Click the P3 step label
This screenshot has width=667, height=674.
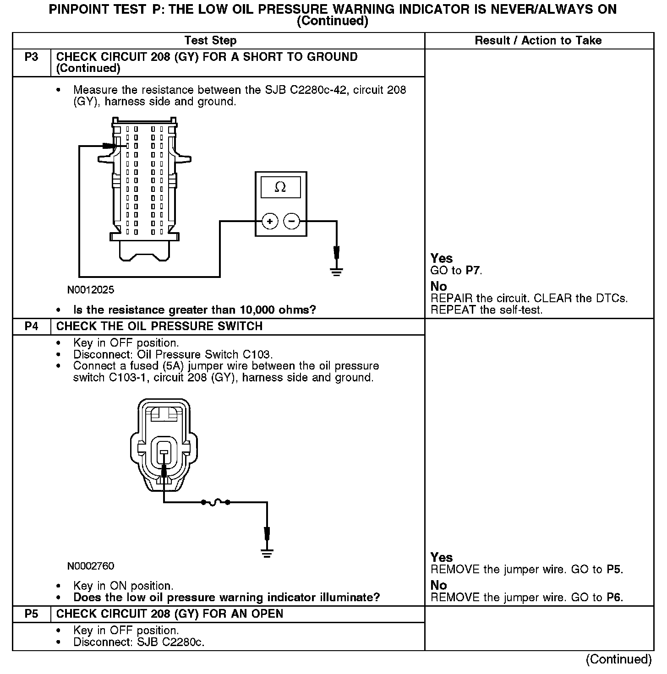click(31, 57)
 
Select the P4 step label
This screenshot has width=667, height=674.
click(31, 326)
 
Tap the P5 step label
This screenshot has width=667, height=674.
click(31, 614)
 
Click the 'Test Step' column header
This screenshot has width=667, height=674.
click(210, 41)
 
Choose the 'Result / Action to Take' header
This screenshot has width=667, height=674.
click(538, 41)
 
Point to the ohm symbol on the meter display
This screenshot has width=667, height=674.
click(280, 187)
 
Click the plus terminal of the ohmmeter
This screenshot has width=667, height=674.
click(270, 222)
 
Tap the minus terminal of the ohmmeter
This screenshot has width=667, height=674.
click(291, 222)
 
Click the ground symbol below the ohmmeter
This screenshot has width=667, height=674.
click(337, 272)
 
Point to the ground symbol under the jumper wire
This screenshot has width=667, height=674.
click(267, 553)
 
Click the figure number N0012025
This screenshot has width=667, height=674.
click(91, 290)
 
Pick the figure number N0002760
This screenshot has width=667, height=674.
click(91, 566)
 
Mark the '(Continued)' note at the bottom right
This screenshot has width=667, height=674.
click(618, 659)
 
